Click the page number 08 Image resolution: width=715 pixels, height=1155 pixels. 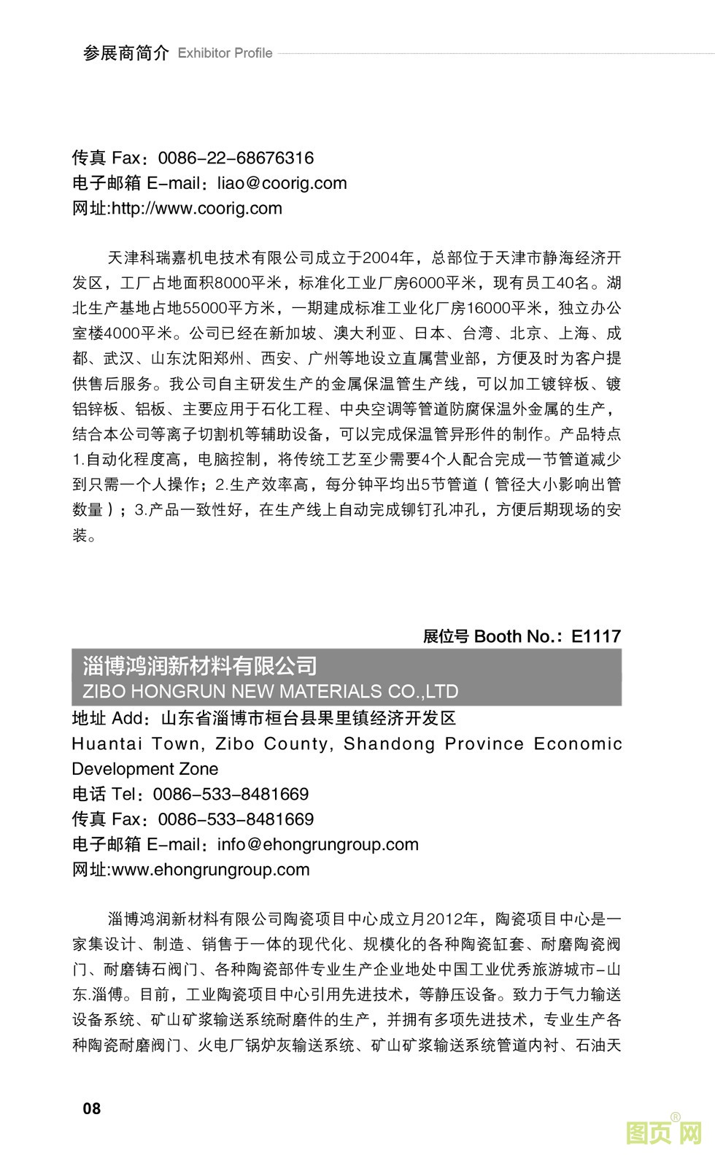click(x=92, y=1109)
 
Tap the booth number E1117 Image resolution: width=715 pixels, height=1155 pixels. click(x=596, y=636)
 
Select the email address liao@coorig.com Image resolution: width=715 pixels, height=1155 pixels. click(x=282, y=183)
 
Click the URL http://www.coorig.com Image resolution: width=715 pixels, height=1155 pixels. click(x=196, y=209)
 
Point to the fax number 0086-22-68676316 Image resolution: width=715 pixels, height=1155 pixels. click(x=236, y=158)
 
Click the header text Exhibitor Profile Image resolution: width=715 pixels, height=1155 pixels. click(x=225, y=53)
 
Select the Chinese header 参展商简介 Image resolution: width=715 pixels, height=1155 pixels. click(x=125, y=53)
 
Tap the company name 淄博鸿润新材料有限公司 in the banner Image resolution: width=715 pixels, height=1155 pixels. click(x=199, y=665)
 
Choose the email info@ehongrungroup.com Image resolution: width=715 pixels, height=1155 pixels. click(x=318, y=845)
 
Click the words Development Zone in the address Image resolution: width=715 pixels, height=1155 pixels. click(x=144, y=769)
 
